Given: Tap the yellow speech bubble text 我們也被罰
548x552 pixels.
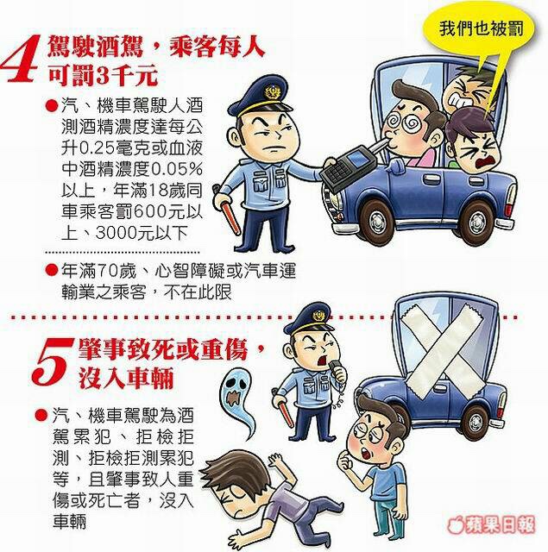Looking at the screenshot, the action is point(481,28).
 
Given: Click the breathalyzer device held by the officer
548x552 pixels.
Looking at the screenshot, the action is point(347,166).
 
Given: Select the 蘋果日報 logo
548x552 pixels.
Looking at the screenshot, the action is point(491,525).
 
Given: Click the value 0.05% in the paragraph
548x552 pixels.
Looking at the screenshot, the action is point(177,170).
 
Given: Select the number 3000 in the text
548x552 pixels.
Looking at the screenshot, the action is point(116,233).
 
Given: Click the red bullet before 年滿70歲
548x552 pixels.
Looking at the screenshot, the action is point(52,270).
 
